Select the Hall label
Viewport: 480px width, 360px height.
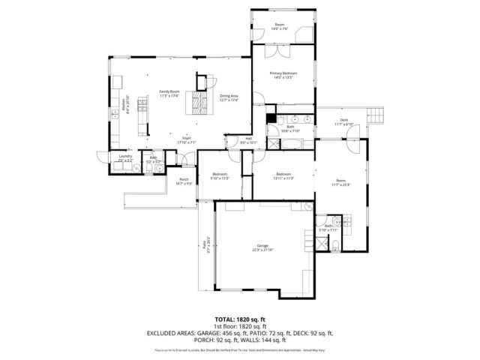(249, 139)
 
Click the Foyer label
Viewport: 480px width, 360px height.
(186, 139)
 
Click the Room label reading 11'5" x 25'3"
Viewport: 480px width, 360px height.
(341, 182)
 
